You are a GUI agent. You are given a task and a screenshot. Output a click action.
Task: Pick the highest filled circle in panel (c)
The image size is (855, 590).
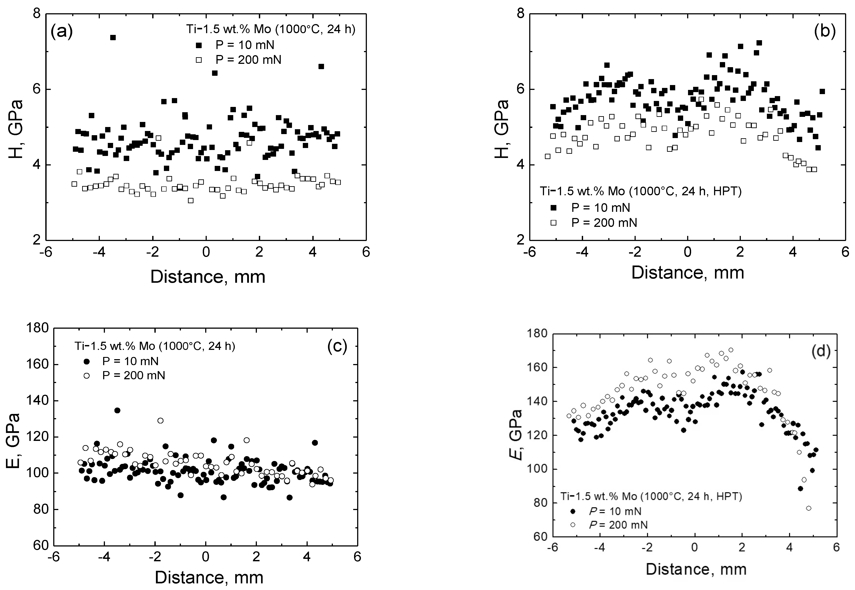117,410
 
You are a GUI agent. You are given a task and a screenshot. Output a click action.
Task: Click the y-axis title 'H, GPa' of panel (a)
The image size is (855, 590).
15,129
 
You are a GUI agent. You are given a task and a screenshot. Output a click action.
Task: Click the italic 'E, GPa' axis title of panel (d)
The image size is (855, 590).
516,434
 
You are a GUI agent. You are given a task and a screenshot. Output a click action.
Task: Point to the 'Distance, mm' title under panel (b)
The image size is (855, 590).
688,272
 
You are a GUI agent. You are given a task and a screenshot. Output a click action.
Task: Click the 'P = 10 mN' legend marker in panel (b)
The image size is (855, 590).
553,208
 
